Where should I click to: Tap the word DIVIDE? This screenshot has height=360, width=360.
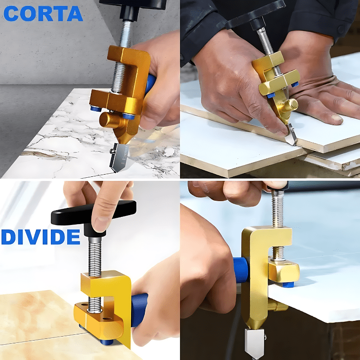[40, 237]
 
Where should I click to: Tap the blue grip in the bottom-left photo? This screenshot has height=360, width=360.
[139, 308]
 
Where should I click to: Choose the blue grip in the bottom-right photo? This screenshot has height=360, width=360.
[241, 270]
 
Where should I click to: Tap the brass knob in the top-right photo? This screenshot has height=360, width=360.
[288, 106]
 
